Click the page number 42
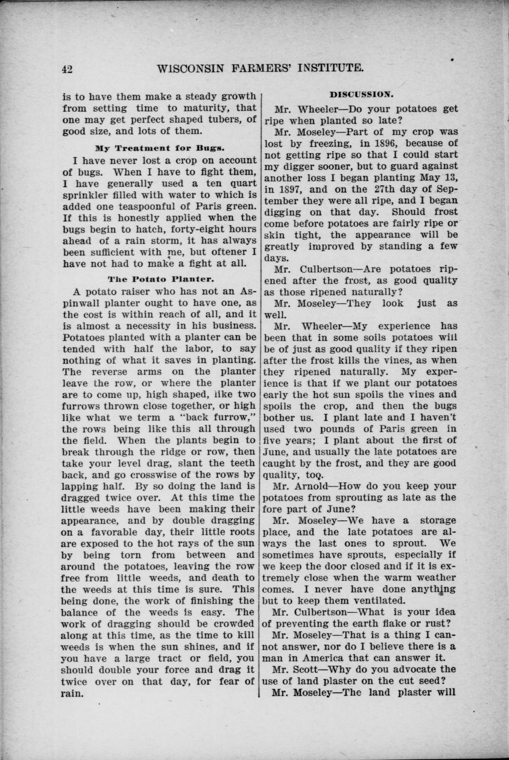68,69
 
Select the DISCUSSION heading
361,94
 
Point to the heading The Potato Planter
160,279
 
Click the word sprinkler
87,194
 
